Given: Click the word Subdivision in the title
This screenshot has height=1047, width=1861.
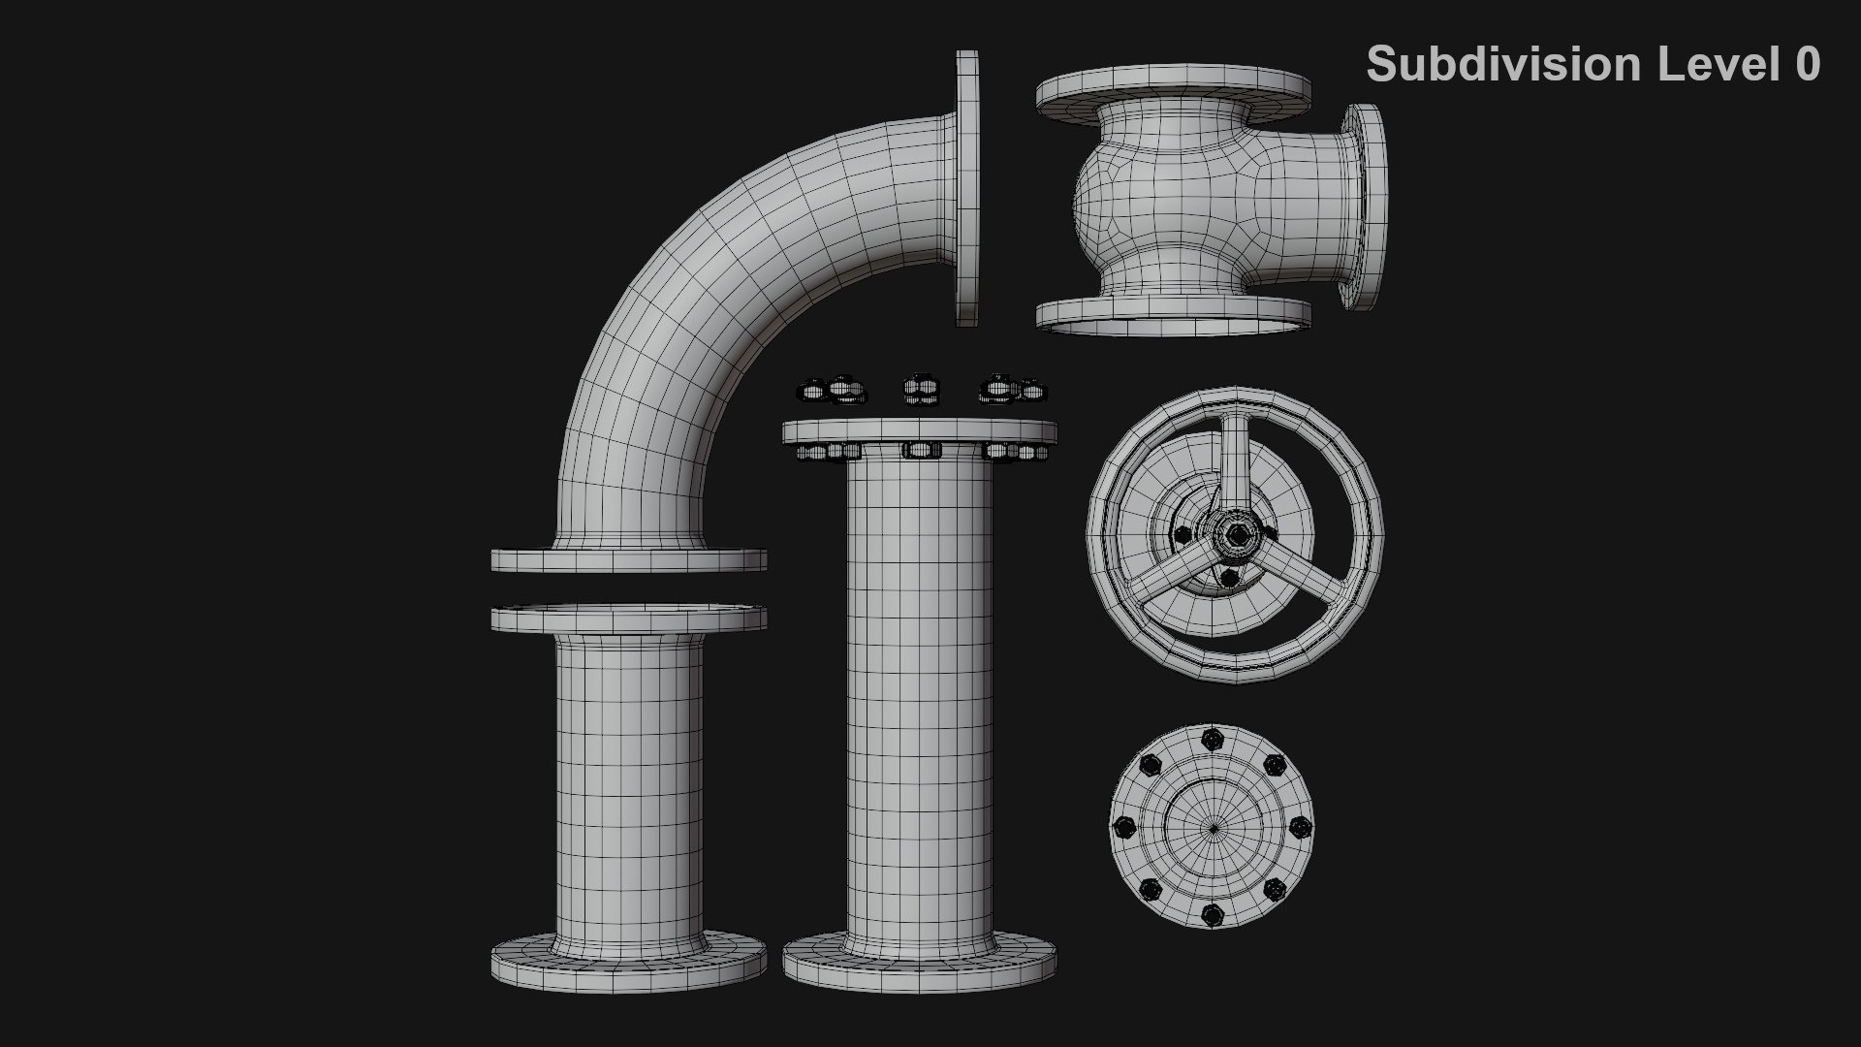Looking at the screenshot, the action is coord(1503,64).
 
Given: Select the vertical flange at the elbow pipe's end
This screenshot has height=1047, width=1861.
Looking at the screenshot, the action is coord(967,188).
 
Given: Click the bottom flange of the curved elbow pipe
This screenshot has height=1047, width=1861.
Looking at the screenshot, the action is coord(628,559).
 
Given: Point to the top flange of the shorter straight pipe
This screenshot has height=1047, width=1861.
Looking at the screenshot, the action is coord(628,618).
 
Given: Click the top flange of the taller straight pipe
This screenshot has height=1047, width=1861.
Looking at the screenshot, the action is coord(919,431).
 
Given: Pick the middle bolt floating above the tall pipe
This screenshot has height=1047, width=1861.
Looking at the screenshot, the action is coord(921,390).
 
